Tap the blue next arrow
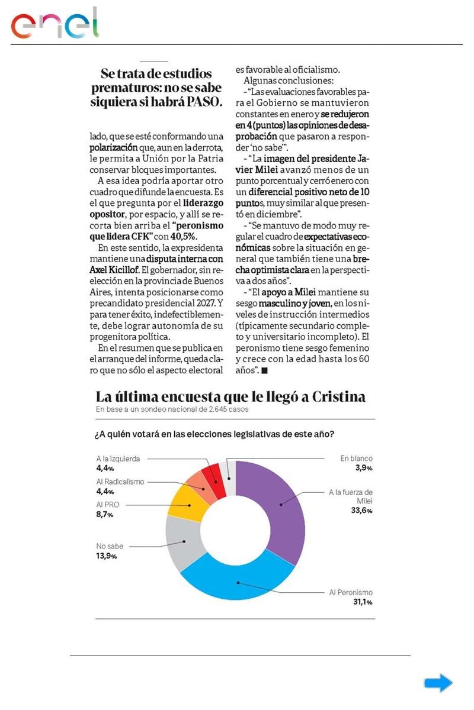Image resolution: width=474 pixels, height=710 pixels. [x=438, y=683]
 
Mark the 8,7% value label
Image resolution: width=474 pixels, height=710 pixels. [x=104, y=515]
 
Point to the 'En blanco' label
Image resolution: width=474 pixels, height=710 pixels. [x=356, y=458]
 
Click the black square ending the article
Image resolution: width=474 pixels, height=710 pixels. [x=264, y=370]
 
